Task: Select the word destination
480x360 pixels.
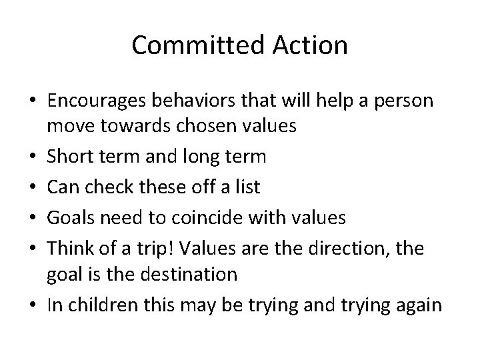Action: pyautogui.click(x=201, y=273)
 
